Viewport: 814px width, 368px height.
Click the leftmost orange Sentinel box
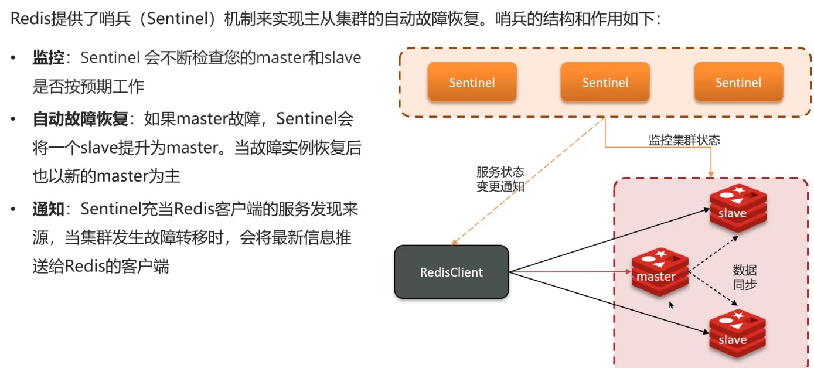[x=472, y=83]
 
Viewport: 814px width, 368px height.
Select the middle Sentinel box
[x=605, y=83]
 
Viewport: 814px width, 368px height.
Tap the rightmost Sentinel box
[x=738, y=83]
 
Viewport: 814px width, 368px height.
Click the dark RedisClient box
[x=451, y=272]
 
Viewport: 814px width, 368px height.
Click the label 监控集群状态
[x=684, y=140]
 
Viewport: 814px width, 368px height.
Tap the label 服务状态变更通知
[x=500, y=179]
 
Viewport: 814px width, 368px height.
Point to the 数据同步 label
[x=744, y=277]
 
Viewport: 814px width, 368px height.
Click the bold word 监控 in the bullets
[x=48, y=57]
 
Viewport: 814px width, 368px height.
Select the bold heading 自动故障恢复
[x=80, y=120]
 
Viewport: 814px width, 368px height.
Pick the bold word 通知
[x=48, y=209]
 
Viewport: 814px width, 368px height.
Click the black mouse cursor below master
[x=672, y=305]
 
